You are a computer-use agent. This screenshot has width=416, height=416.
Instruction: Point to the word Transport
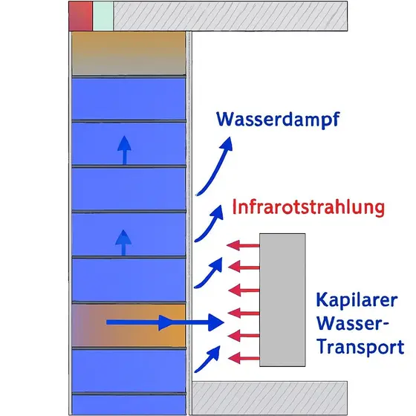click(360, 347)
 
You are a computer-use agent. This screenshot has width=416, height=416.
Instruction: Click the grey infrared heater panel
click(282, 299)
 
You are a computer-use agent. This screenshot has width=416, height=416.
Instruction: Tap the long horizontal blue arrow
click(163, 322)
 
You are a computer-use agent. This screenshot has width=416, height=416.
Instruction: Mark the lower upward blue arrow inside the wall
click(124, 242)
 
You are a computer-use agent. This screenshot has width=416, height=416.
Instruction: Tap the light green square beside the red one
click(103, 16)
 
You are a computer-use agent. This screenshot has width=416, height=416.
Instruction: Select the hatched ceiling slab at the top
click(230, 16)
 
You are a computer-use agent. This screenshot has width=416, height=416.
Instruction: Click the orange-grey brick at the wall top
click(128, 53)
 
